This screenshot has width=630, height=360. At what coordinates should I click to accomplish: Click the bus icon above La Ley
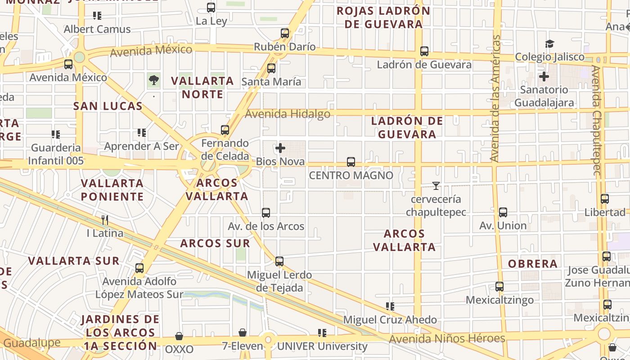click(211, 8)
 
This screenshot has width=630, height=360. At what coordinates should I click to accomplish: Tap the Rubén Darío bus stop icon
click(284, 33)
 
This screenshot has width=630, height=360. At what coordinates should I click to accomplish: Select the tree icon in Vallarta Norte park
click(154, 81)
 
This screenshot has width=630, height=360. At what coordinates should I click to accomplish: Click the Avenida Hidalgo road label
click(287, 114)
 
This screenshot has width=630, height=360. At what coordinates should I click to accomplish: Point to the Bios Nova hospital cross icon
click(280, 148)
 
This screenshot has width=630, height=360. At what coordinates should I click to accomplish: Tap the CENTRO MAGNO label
click(351, 175)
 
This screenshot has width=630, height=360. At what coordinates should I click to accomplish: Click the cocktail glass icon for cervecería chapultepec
click(436, 186)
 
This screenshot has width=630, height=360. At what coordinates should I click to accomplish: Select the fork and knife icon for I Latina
click(105, 220)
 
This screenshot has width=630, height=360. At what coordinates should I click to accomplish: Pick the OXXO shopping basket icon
click(179, 337)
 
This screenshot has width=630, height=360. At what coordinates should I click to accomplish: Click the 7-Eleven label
click(242, 346)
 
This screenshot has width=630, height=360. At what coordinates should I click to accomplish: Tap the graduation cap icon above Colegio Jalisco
click(549, 44)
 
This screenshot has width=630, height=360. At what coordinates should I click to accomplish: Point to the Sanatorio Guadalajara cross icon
click(544, 76)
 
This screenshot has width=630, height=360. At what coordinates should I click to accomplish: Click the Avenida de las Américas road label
click(495, 99)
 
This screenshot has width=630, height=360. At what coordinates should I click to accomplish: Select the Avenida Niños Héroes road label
click(447, 338)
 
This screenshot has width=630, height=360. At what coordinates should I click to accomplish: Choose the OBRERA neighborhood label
click(533, 264)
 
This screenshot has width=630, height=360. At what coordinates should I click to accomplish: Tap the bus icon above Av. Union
click(503, 212)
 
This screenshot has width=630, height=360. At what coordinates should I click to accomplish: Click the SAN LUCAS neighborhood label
click(108, 106)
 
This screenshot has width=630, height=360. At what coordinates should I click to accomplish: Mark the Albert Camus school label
click(97, 29)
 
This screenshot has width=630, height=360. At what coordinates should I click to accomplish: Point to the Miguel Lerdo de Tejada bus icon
click(279, 261)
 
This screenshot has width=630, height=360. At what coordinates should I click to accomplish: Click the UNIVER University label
click(322, 346)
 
